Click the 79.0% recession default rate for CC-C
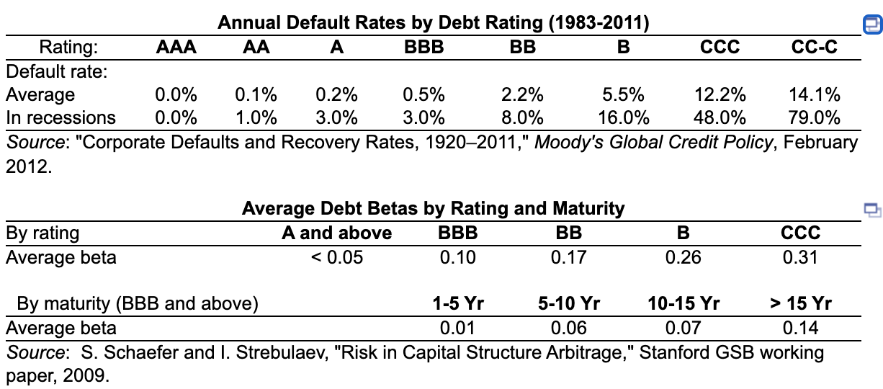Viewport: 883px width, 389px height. pos(815,117)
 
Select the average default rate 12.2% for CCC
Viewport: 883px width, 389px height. pos(720,95)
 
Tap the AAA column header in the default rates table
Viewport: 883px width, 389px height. pos(176,48)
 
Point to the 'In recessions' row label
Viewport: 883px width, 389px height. pos(60,117)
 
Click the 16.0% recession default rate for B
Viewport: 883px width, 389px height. pos(623,117)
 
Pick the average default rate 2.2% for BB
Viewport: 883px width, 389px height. pos(522,95)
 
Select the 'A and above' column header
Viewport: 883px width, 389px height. pos(336,233)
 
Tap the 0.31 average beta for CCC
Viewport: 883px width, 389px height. pos(799,257)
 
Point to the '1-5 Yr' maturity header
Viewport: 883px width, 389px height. pos(457,304)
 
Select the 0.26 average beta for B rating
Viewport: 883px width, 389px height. pos(683,257)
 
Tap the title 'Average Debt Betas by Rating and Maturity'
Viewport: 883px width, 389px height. pos(433,209)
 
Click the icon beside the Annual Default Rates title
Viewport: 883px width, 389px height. pos(871,25)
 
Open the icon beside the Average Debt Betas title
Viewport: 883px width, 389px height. pos(871,210)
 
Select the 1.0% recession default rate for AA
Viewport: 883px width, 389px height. pos(256,117)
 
